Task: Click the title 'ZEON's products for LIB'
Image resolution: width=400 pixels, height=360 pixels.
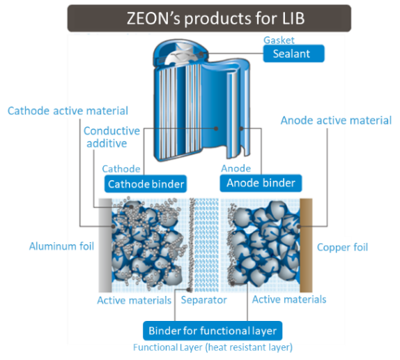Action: pyautogui.click(x=215, y=19)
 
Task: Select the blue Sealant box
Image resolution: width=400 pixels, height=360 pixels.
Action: pyautogui.click(x=293, y=54)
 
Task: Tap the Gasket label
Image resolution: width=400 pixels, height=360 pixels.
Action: pyautogui.click(x=279, y=40)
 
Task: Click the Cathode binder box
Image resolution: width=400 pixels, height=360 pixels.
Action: pyautogui.click(x=146, y=183)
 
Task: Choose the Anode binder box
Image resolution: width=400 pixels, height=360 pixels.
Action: pyautogui.click(x=261, y=183)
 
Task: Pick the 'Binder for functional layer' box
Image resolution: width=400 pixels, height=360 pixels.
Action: pyautogui.click(x=213, y=331)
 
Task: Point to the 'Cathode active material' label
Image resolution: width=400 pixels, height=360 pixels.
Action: pyautogui.click(x=68, y=111)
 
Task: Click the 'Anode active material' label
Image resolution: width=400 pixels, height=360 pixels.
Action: pyautogui.click(x=336, y=120)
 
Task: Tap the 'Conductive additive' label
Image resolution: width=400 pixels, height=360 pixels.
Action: pyautogui.click(x=111, y=137)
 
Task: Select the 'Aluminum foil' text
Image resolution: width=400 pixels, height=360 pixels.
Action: pyautogui.click(x=61, y=246)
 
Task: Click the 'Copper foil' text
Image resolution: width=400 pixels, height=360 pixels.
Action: pyautogui.click(x=342, y=248)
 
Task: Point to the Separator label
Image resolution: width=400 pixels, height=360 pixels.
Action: pyautogui.click(x=203, y=300)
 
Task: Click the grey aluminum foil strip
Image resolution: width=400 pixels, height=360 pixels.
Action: pyautogui.click(x=105, y=246)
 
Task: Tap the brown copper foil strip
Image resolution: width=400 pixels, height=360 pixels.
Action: pyautogui.click(x=306, y=246)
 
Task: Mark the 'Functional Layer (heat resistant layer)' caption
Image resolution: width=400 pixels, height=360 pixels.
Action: pyautogui.click(x=213, y=347)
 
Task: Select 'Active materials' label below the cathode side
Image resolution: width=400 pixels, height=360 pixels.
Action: pyautogui.click(x=134, y=300)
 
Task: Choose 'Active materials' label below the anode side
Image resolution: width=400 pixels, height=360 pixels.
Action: pyautogui.click(x=289, y=299)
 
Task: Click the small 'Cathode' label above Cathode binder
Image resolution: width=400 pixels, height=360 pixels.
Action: pyautogui.click(x=121, y=169)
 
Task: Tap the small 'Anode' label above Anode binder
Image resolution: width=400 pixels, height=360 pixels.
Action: pyautogui.click(x=236, y=169)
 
